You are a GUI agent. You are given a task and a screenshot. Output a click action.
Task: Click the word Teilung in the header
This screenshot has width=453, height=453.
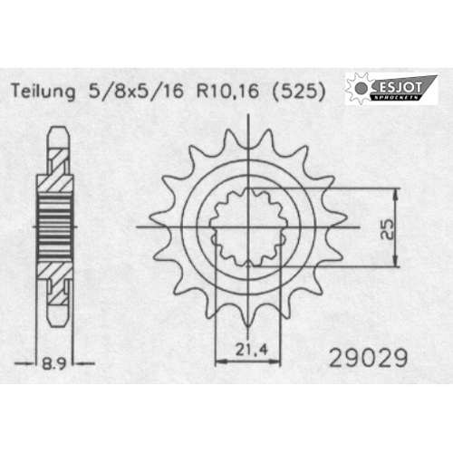(x=43, y=91)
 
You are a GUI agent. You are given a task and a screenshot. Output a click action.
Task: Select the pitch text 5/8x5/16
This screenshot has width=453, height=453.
(x=136, y=91)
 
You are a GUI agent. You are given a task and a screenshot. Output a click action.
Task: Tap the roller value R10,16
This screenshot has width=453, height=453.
(x=227, y=91)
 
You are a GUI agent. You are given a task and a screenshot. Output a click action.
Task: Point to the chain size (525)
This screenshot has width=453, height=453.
(x=299, y=91)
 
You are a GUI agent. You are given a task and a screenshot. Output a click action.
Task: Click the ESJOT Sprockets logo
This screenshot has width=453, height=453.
(x=391, y=89)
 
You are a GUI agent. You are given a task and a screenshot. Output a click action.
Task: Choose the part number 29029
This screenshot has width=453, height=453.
(x=369, y=358)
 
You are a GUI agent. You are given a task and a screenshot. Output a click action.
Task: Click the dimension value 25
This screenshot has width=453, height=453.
(x=387, y=228)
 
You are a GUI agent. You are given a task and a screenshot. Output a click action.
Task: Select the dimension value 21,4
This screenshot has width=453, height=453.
(x=252, y=350)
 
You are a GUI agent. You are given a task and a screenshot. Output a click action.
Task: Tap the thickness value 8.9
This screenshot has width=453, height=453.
(x=53, y=363)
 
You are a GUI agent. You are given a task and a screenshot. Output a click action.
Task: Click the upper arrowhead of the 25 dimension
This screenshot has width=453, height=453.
(x=396, y=194)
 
